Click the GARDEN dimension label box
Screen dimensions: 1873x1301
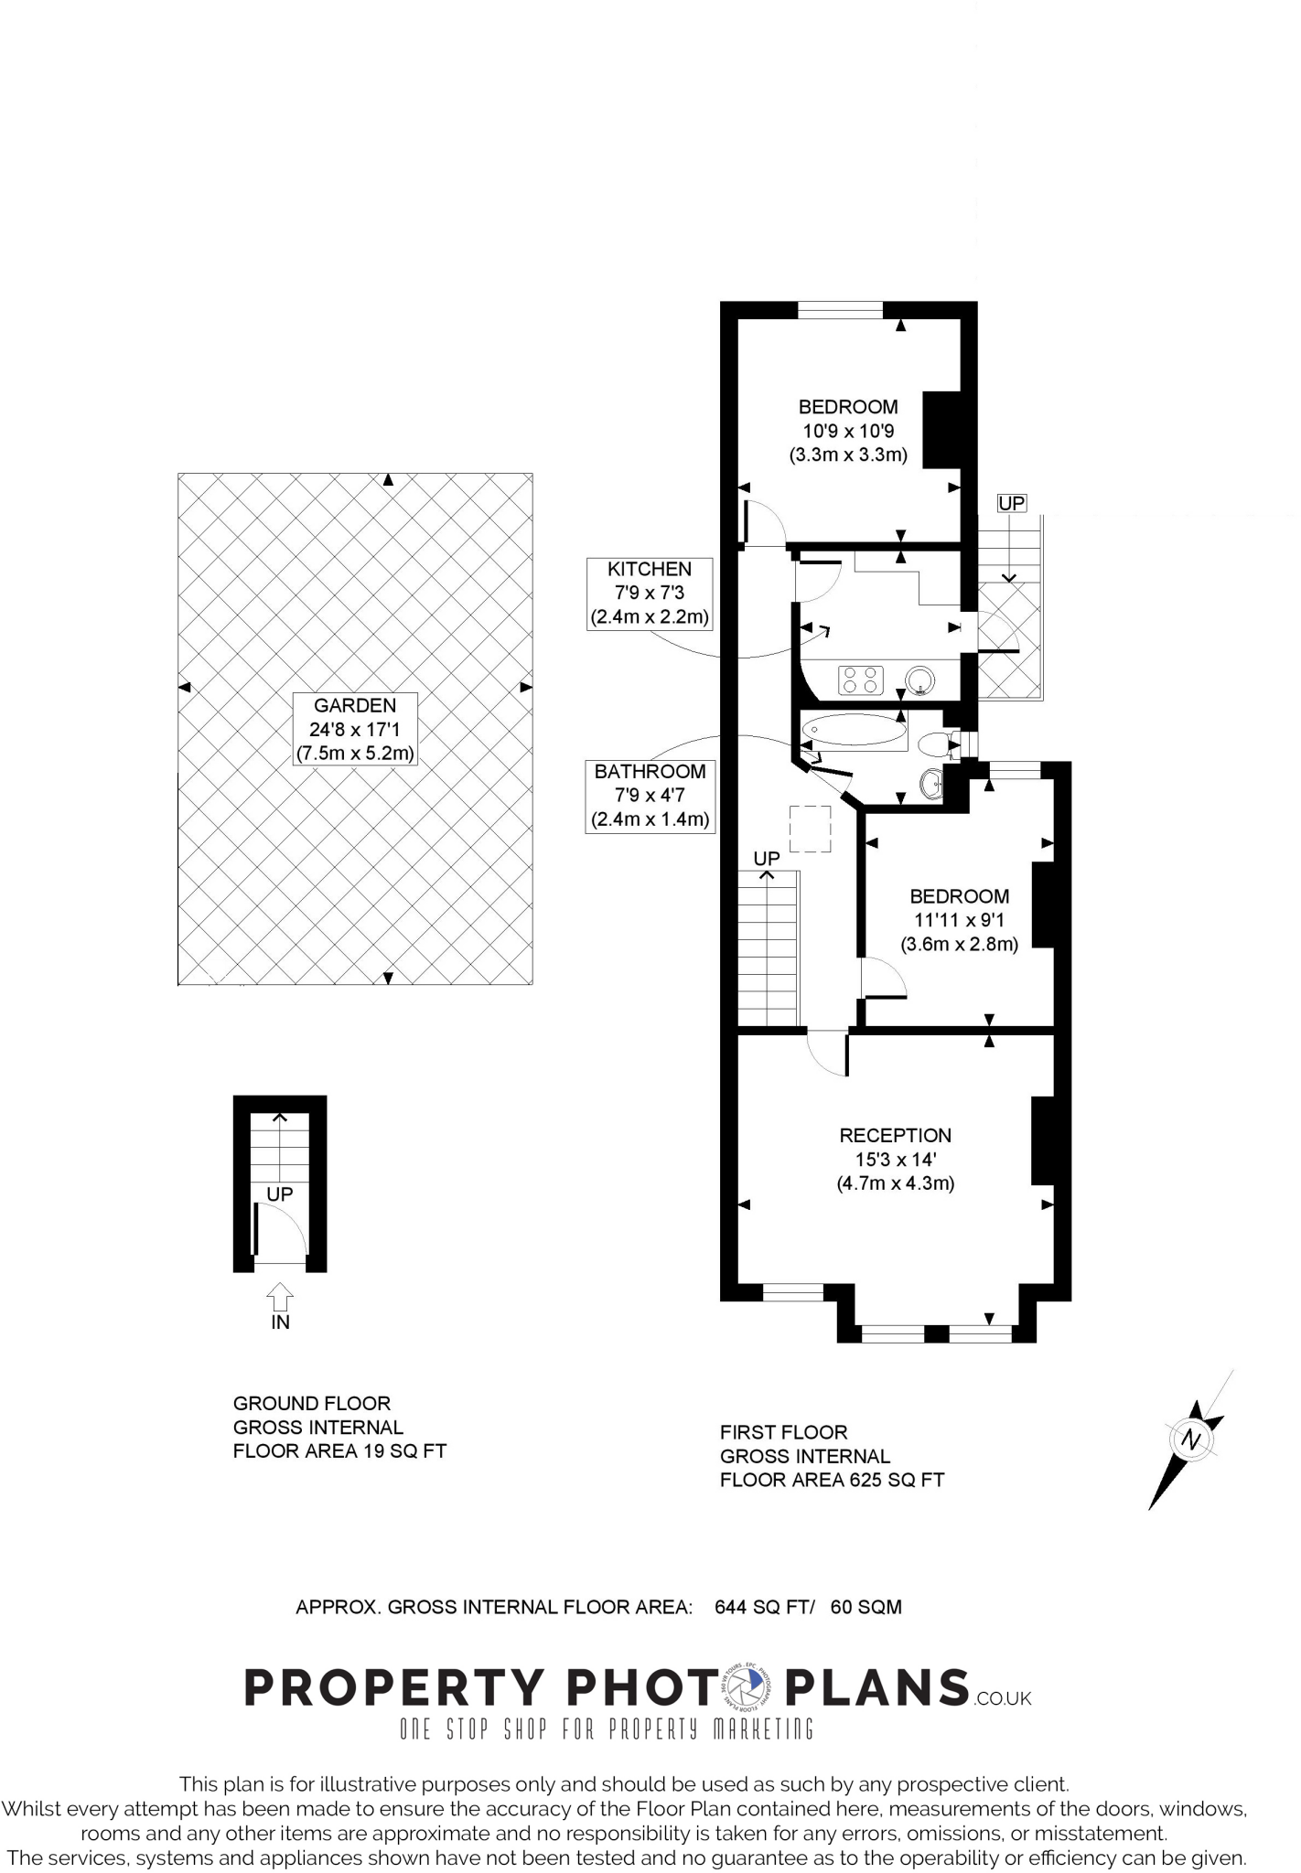355,729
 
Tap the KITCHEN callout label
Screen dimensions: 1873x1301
650,593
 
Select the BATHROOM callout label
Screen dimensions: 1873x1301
650,795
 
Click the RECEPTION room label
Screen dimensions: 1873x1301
895,1159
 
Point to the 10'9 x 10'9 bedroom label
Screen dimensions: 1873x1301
848,430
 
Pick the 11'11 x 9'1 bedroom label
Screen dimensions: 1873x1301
959,920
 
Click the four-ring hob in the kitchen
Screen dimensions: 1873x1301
861,680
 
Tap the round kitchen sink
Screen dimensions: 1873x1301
920,679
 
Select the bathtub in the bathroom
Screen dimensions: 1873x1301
853,730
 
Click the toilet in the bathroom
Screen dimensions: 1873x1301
934,744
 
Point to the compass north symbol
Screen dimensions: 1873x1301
1191,1440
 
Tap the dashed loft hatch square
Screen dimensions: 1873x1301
810,829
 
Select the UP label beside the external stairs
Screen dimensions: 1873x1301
1011,503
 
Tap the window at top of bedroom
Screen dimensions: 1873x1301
841,311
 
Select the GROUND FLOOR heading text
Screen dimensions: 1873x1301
312,1403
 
